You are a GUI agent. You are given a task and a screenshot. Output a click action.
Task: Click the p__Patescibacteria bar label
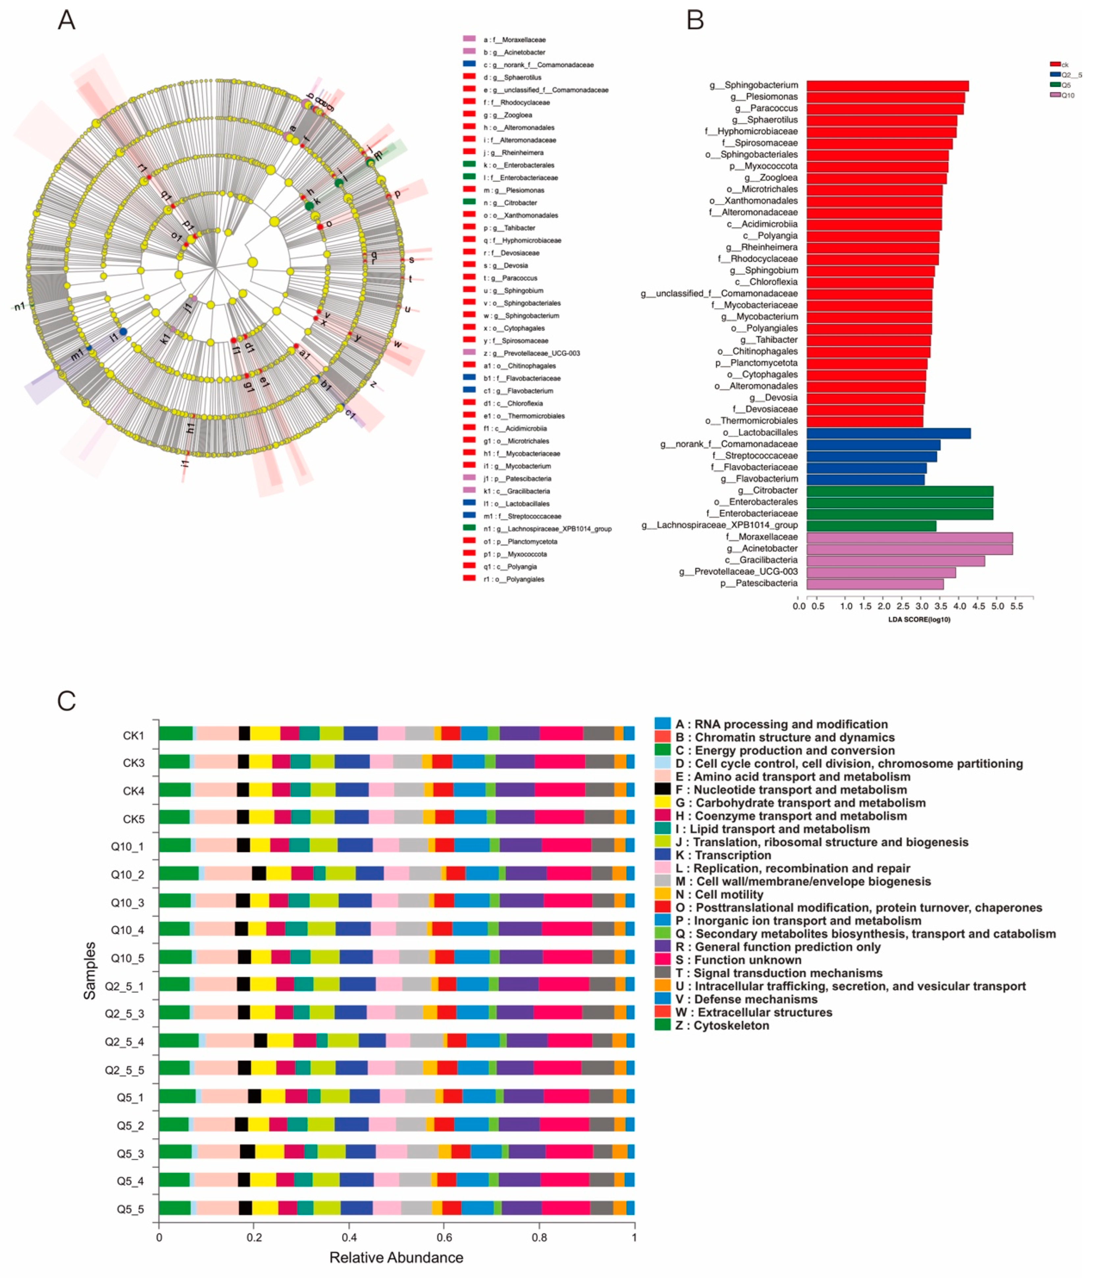coord(758,583)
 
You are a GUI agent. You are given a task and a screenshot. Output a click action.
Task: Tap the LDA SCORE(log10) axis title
coord(919,619)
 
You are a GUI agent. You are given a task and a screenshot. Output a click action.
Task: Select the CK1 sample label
coord(133,735)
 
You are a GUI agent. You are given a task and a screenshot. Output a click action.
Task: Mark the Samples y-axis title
coord(90,970)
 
